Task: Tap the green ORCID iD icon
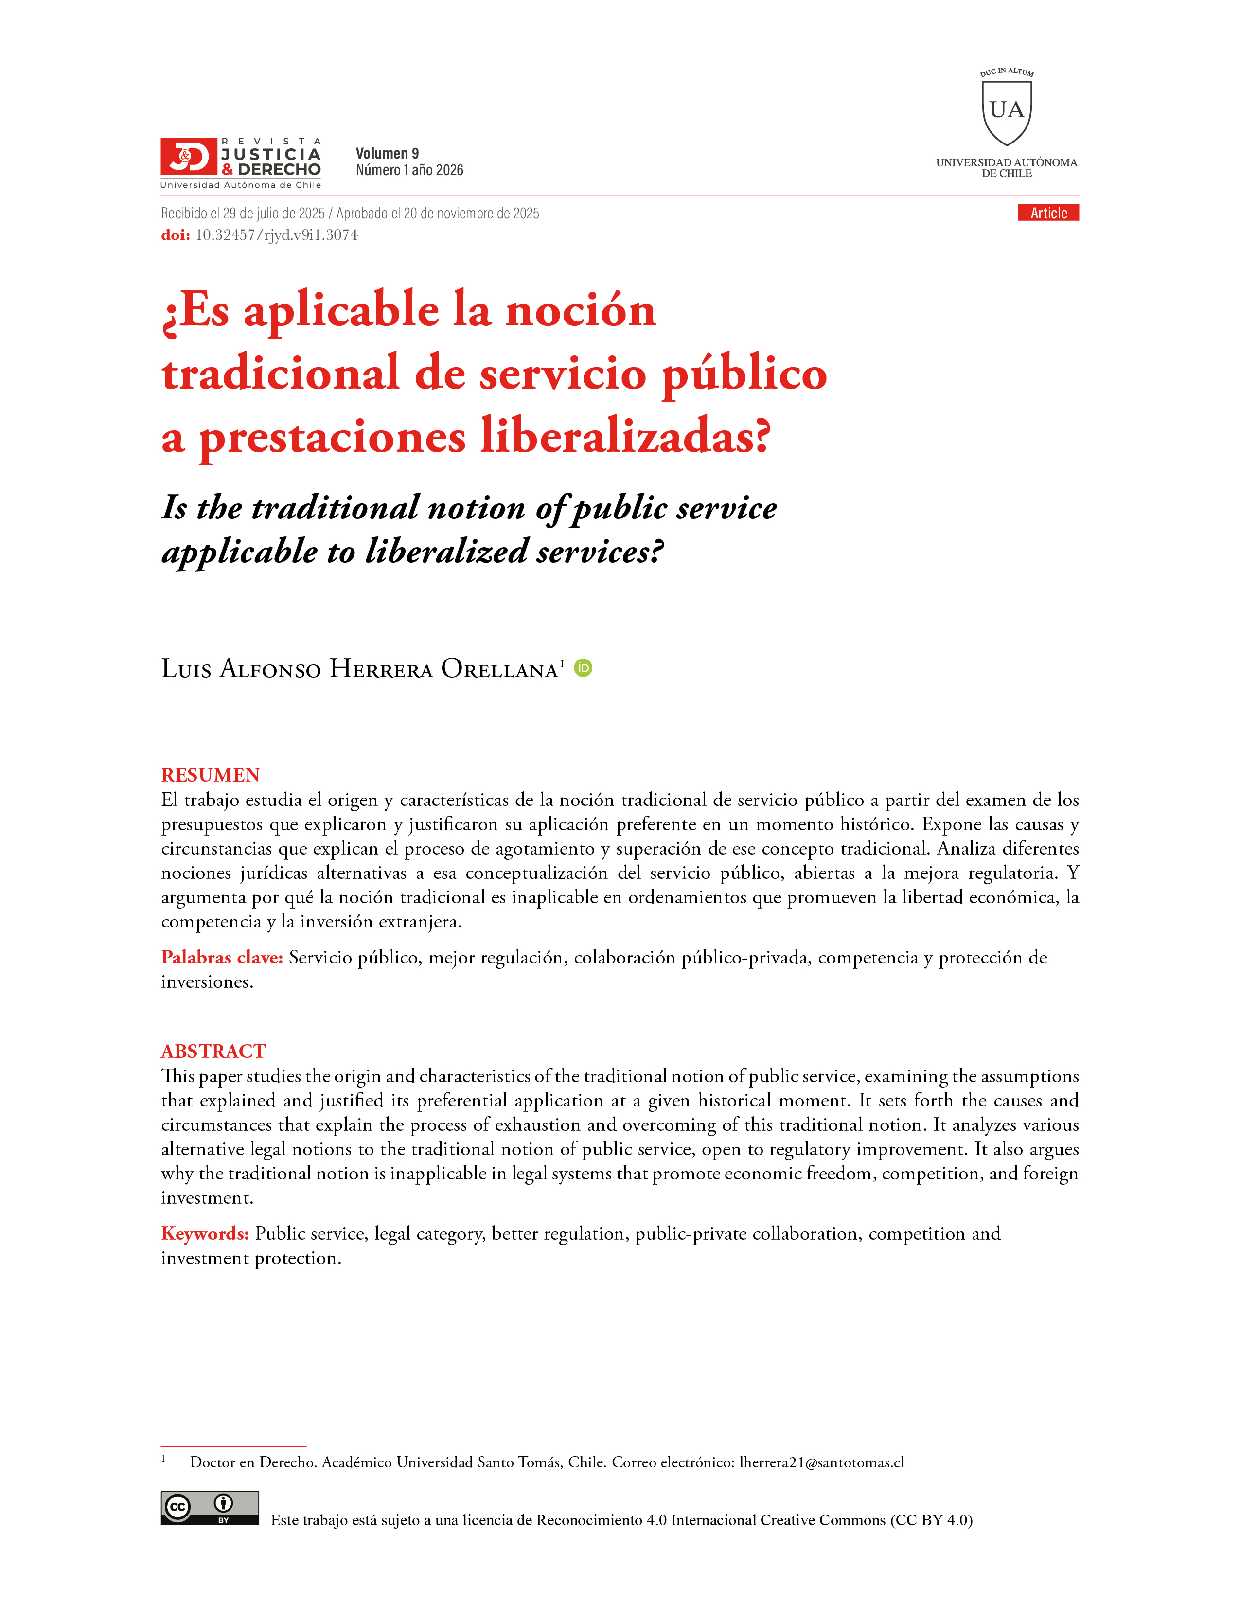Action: [x=583, y=667]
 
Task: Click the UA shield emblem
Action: [x=1007, y=112]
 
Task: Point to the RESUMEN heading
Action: [x=211, y=775]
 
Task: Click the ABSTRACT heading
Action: [x=213, y=1051]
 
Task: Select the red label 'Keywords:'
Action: [x=205, y=1233]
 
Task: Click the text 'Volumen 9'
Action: [x=387, y=153]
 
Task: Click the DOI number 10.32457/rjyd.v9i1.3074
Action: [x=276, y=235]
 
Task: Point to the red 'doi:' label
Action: [x=176, y=235]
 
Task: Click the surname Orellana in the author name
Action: [x=499, y=669]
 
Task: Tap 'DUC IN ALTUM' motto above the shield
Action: [x=1007, y=72]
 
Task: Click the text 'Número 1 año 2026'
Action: [x=409, y=171]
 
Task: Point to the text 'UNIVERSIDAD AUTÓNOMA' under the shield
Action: [x=1007, y=162]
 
